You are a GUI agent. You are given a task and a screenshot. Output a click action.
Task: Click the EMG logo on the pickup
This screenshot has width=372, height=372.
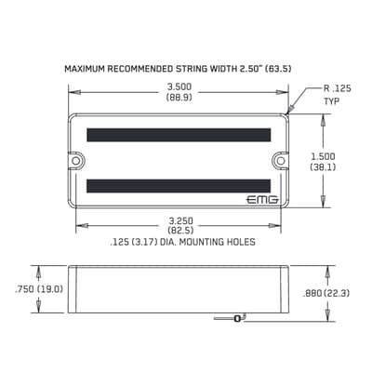click(x=262, y=200)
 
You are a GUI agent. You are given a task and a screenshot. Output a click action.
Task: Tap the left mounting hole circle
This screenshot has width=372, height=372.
click(x=75, y=161)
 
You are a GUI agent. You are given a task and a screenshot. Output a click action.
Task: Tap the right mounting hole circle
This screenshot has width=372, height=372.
click(x=281, y=161)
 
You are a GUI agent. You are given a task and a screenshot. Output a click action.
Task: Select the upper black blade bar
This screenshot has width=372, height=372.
click(x=179, y=135)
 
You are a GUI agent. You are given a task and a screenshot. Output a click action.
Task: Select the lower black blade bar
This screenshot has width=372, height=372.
click(x=179, y=186)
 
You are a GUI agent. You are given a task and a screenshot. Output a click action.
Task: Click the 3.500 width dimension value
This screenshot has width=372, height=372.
click(x=179, y=86)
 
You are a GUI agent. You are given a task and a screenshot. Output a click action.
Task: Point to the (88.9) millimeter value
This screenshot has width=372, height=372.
click(x=179, y=98)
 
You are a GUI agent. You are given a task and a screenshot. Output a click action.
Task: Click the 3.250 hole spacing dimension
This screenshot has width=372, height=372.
click(x=180, y=220)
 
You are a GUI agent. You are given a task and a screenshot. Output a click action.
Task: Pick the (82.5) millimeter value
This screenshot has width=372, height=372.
click(x=180, y=231)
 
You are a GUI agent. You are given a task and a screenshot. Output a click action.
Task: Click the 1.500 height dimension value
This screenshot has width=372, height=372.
click(x=323, y=156)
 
